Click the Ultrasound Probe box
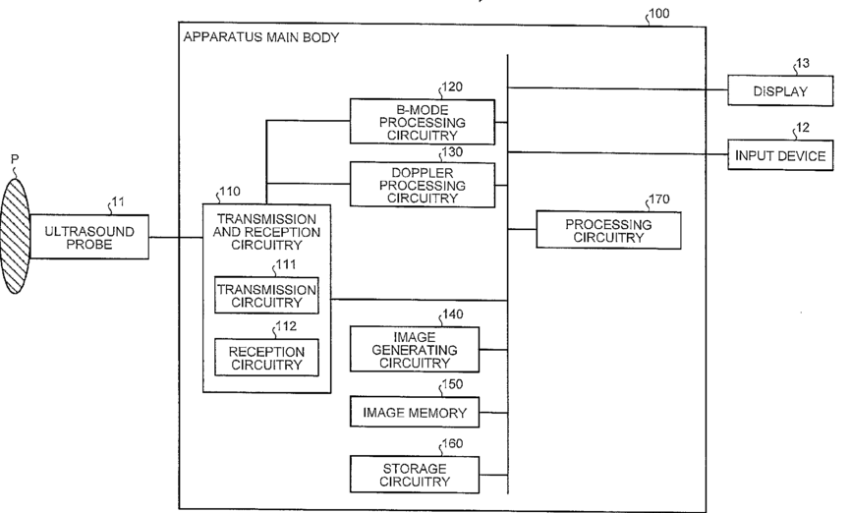(x=89, y=237)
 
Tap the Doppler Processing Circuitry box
(x=424, y=185)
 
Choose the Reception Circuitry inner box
(x=265, y=358)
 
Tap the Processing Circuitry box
(x=607, y=231)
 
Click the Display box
(x=779, y=92)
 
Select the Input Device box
(x=782, y=155)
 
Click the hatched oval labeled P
(x=17, y=232)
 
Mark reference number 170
(x=659, y=200)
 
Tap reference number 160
(x=454, y=443)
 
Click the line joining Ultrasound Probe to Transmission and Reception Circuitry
(x=175, y=237)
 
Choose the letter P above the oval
(x=15, y=156)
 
